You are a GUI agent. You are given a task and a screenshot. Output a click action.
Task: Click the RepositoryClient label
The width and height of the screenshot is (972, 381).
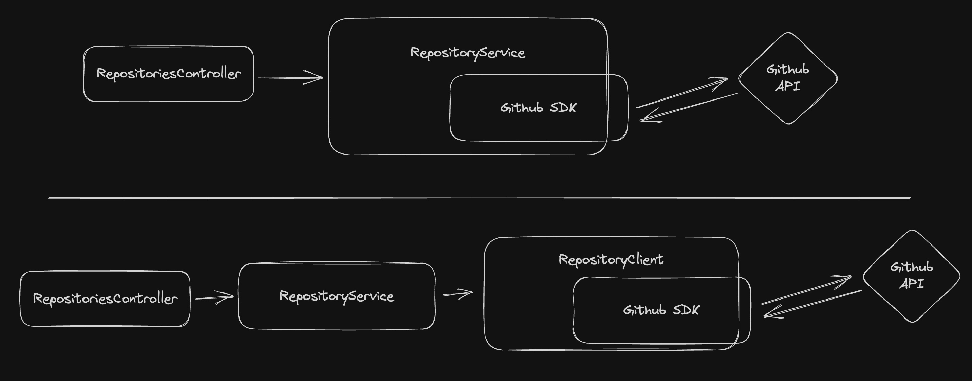(611, 260)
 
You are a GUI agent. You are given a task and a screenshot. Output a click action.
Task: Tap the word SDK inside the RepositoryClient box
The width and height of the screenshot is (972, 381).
(686, 310)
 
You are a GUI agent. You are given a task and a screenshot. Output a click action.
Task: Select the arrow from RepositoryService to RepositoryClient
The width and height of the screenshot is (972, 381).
(458, 293)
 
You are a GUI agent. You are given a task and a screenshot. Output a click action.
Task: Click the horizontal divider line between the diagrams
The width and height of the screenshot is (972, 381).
(479, 198)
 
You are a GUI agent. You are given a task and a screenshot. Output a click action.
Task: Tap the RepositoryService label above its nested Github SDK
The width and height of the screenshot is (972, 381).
(468, 53)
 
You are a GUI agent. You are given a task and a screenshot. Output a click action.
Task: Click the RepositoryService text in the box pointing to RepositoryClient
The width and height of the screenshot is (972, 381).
(337, 296)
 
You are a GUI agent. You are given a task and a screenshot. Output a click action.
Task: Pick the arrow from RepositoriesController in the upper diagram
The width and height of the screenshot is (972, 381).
(291, 78)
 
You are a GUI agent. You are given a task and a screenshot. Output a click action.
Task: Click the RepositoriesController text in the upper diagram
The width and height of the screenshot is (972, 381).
(168, 74)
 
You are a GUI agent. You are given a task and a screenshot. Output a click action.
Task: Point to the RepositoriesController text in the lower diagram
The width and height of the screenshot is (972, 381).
(105, 299)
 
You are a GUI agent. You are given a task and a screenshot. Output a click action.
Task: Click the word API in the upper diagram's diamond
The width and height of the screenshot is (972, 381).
(787, 86)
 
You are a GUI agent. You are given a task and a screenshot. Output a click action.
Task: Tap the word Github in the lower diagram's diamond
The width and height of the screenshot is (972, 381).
(911, 267)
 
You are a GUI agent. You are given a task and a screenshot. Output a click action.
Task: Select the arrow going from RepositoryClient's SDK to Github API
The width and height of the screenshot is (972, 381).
(806, 290)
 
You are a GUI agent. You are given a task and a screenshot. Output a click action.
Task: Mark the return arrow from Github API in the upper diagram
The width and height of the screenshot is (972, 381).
(689, 107)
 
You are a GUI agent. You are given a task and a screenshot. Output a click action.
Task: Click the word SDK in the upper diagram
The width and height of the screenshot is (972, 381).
(563, 108)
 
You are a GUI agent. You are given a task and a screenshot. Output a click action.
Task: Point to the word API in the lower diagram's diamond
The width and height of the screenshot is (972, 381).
(912, 284)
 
